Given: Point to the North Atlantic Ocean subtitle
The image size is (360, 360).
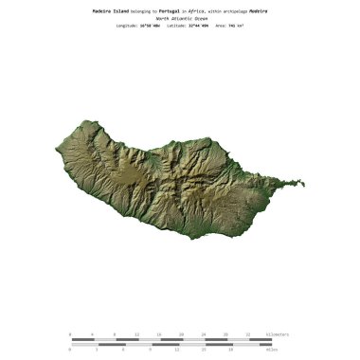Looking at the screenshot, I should tap(180, 17).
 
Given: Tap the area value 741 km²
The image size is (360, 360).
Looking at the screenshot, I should tap(239, 26).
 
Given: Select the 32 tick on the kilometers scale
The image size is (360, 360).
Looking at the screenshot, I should tap(249, 334).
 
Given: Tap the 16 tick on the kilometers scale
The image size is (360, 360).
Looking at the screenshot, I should tap(159, 334).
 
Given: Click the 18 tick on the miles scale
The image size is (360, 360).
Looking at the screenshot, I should tap(231, 350).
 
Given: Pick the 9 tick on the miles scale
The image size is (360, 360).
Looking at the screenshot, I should tap(151, 350).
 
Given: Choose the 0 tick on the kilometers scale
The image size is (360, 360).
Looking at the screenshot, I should tap(70, 334).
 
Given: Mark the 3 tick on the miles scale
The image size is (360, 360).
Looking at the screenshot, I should tap(97, 350).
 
